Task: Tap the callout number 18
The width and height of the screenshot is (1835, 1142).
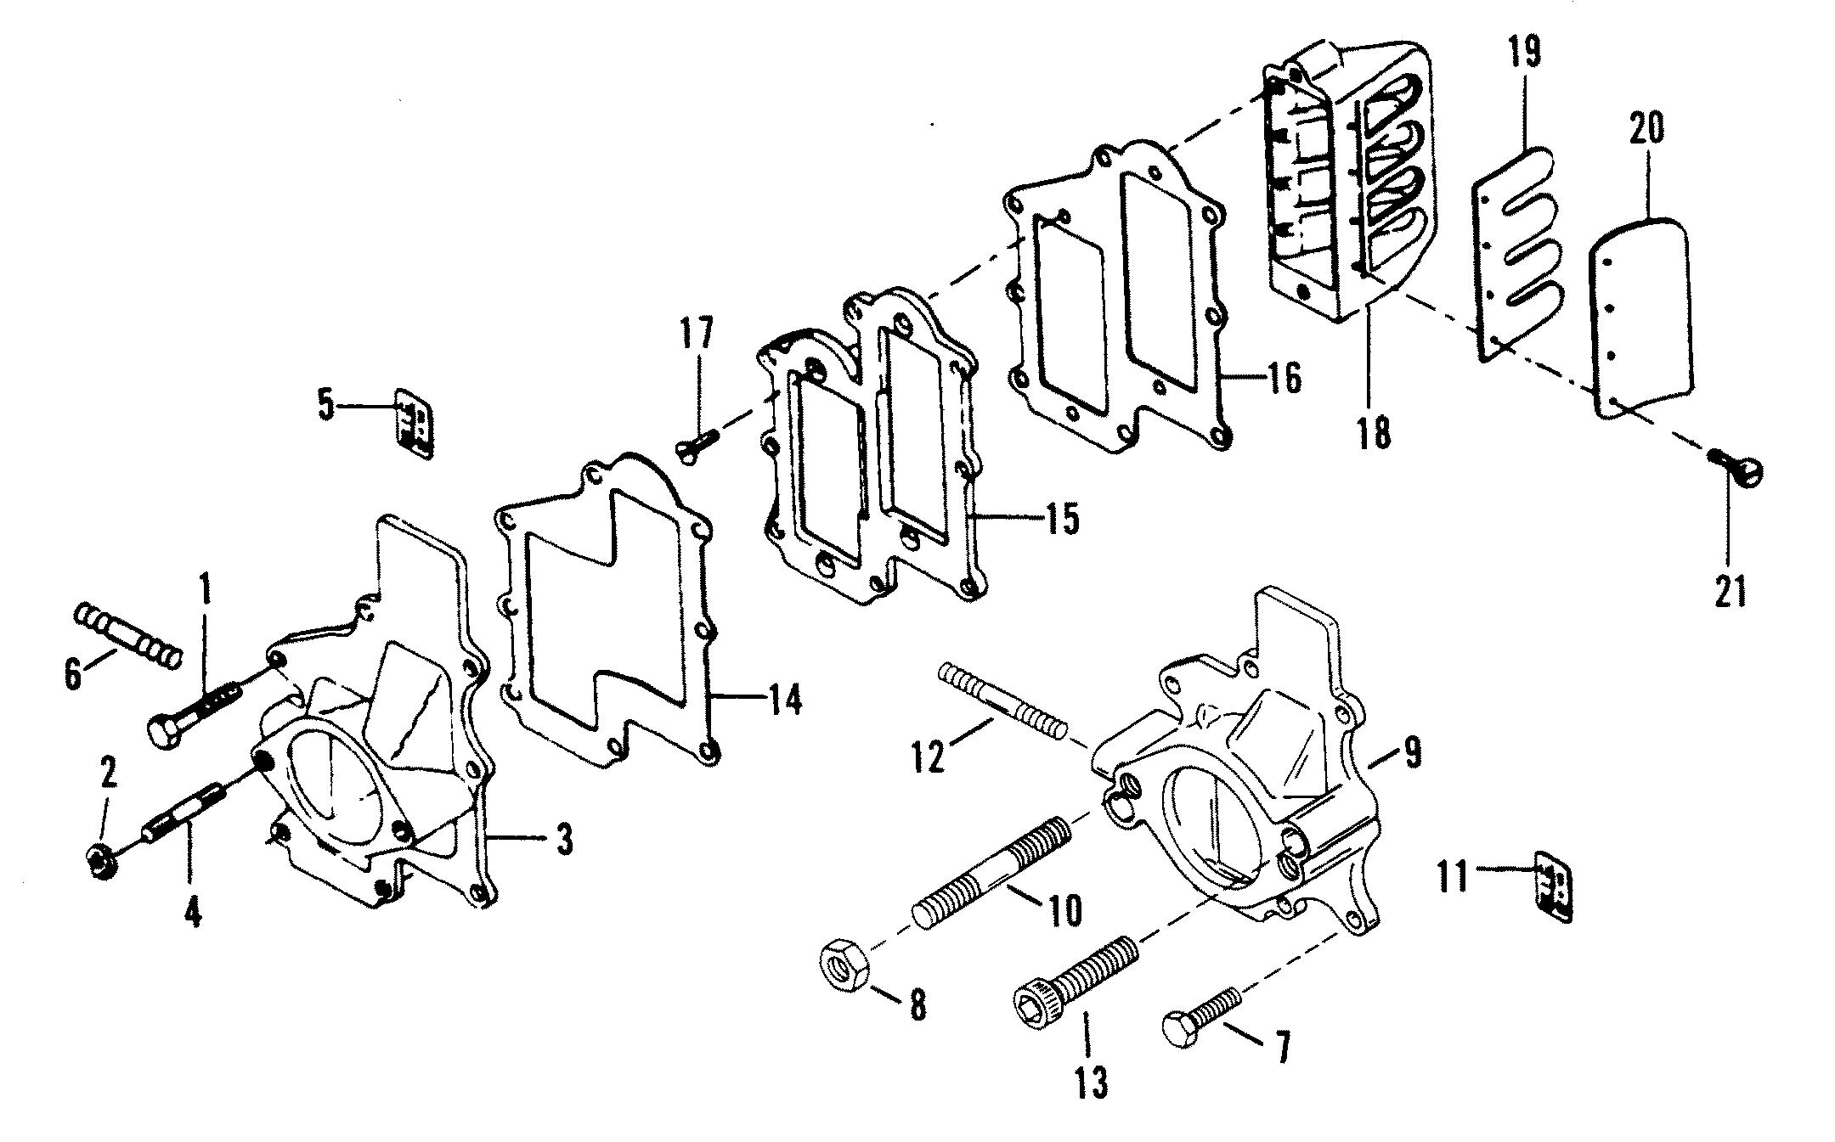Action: point(1373,432)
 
